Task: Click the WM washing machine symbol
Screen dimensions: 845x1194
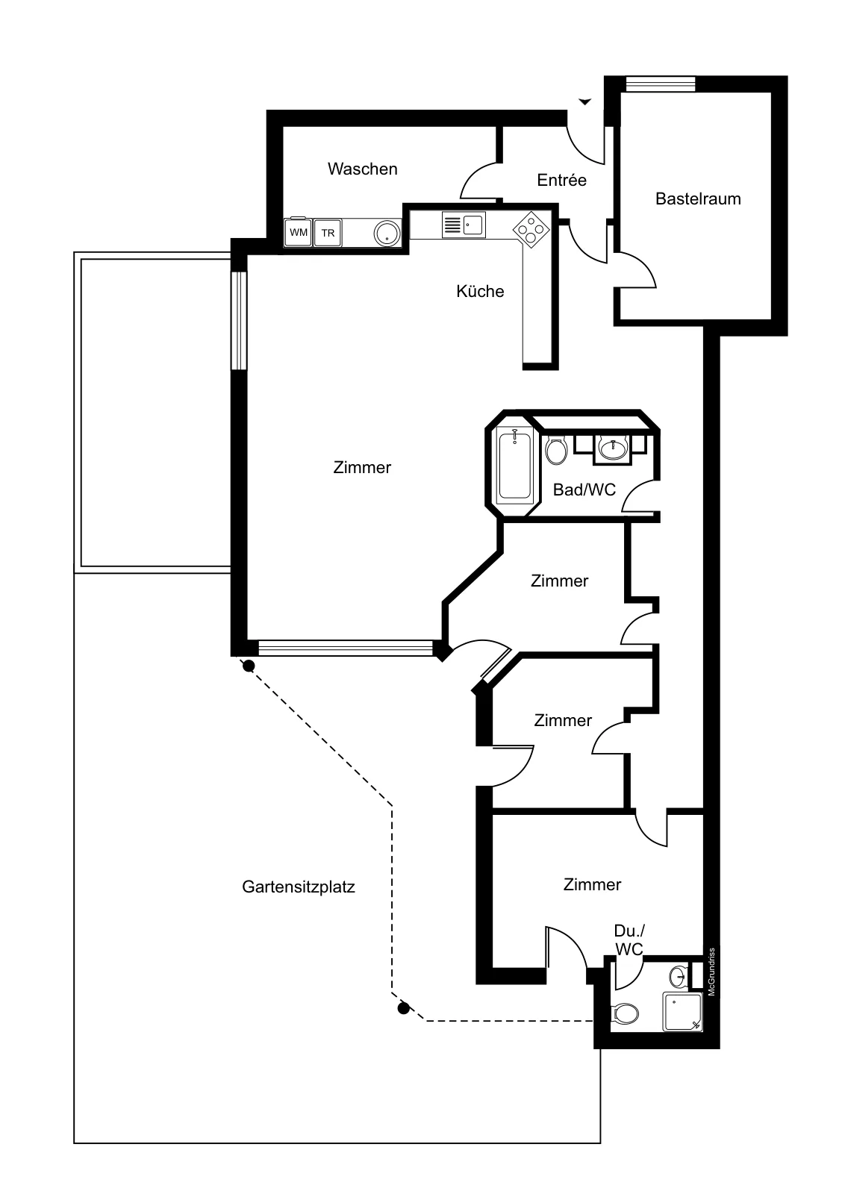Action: pos(298,232)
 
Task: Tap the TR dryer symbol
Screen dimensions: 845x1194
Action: pos(328,233)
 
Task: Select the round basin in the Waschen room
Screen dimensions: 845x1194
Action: pos(387,234)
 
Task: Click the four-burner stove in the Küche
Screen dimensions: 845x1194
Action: pos(531,229)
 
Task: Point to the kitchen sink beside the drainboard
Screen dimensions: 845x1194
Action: pos(473,225)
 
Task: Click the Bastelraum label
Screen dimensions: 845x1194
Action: pos(698,199)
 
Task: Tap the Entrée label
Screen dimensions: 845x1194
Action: pos(561,180)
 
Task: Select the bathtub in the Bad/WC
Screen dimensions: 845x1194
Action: pos(514,466)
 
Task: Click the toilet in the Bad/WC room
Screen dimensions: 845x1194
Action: pos(556,451)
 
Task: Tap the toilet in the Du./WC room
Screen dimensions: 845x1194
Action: pos(625,1013)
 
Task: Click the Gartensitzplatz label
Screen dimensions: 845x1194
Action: pos(299,887)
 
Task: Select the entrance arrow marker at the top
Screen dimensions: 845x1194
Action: pos(584,101)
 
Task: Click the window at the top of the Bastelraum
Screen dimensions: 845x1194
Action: pos(661,84)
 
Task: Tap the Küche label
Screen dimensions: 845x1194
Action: pos(480,291)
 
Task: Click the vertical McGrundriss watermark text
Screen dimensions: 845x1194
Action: pos(711,972)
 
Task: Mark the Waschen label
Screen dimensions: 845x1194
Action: pos(363,169)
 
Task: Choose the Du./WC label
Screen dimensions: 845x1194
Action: pos(629,940)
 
